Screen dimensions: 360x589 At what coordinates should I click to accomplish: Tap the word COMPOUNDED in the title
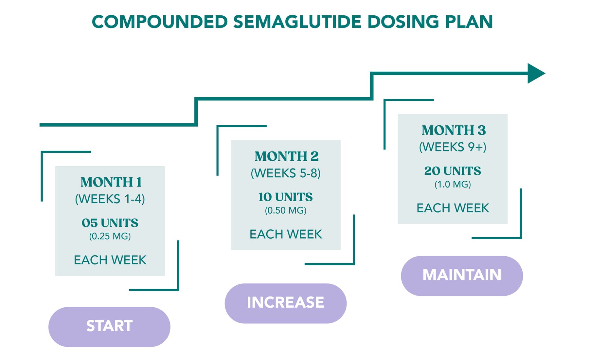[160, 22]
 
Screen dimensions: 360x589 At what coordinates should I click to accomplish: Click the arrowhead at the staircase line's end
[535, 73]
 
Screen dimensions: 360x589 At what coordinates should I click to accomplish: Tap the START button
[109, 326]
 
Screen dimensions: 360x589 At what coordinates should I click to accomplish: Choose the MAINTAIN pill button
[462, 275]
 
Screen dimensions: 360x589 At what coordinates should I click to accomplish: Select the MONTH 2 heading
[286, 156]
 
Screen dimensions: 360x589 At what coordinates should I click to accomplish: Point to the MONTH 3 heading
[454, 130]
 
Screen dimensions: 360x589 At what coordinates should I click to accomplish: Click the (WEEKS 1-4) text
[110, 199]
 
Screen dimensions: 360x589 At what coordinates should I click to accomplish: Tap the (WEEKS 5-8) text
[286, 173]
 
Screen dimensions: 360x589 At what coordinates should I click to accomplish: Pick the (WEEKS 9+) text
[453, 147]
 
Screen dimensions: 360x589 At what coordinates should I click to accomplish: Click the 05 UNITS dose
[110, 223]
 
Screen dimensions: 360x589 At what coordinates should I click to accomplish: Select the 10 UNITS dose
[286, 197]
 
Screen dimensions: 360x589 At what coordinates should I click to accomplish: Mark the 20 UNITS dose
[453, 171]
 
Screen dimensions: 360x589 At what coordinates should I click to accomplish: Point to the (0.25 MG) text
[110, 236]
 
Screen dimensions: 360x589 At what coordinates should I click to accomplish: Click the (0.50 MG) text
[286, 210]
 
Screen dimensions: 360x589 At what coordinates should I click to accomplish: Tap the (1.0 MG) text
[453, 185]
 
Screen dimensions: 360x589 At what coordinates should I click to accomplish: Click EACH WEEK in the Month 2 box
[286, 234]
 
